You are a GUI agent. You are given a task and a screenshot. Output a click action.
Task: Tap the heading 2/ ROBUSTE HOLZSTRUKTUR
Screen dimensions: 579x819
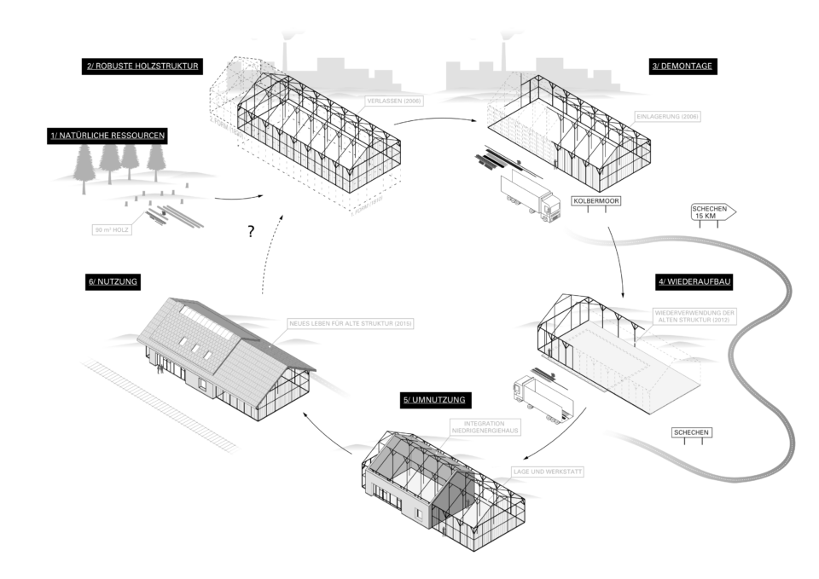[142, 65]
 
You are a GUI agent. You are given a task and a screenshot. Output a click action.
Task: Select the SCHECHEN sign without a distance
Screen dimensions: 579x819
[691, 432]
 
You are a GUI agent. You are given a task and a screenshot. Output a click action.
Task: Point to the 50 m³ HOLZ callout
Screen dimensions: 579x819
[113, 229]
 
